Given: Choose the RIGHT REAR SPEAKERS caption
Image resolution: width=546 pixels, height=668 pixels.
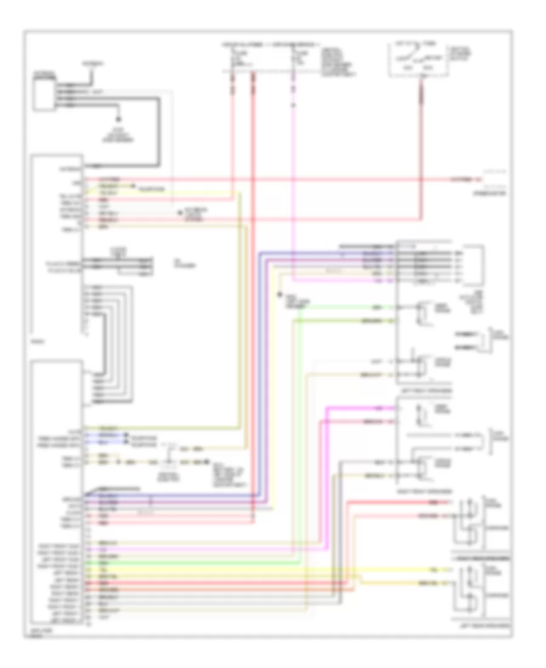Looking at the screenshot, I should [480, 556].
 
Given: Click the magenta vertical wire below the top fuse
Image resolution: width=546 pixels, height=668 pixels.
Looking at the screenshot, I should [294, 182].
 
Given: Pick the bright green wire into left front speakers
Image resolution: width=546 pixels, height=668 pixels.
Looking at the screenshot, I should [346, 307].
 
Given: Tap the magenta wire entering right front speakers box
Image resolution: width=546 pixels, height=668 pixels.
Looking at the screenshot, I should [364, 407].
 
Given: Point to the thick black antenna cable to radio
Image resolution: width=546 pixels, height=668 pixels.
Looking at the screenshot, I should [159, 134].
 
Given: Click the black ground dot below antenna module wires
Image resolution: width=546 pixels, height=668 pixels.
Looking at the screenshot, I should [119, 120].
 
